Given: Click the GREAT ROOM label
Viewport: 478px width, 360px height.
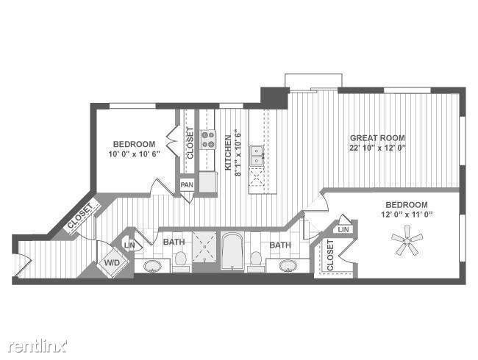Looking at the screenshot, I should tap(377, 137).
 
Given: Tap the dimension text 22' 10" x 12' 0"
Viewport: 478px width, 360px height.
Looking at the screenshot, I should tap(377, 147).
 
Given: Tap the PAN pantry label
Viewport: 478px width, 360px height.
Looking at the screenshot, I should tap(187, 184).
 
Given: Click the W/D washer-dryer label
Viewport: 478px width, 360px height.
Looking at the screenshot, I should tap(113, 262).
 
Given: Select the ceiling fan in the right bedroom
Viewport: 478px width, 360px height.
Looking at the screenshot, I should tap(405, 241).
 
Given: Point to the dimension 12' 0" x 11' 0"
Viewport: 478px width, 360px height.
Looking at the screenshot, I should tap(406, 214).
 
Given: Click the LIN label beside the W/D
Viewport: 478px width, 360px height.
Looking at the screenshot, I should tap(130, 245).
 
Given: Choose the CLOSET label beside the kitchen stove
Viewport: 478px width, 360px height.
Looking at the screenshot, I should tap(190, 143).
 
